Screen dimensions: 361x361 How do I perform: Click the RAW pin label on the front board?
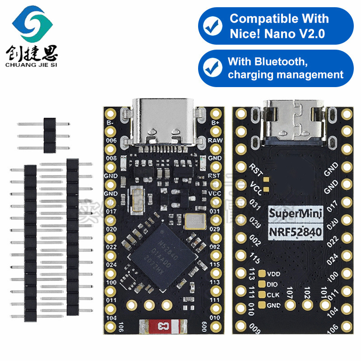point(215,140)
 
